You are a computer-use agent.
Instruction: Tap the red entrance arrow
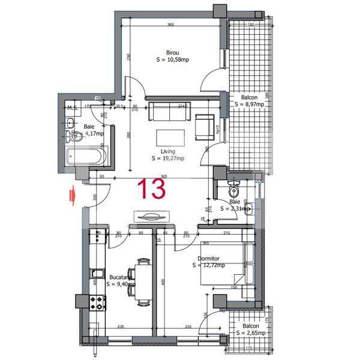pos(72,195)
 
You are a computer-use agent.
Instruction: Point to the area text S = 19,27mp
pos(169,158)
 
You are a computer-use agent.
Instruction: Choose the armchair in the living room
pos(205,124)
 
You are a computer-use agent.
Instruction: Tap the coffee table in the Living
pos(172,135)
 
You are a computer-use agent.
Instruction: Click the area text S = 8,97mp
pos(250,104)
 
